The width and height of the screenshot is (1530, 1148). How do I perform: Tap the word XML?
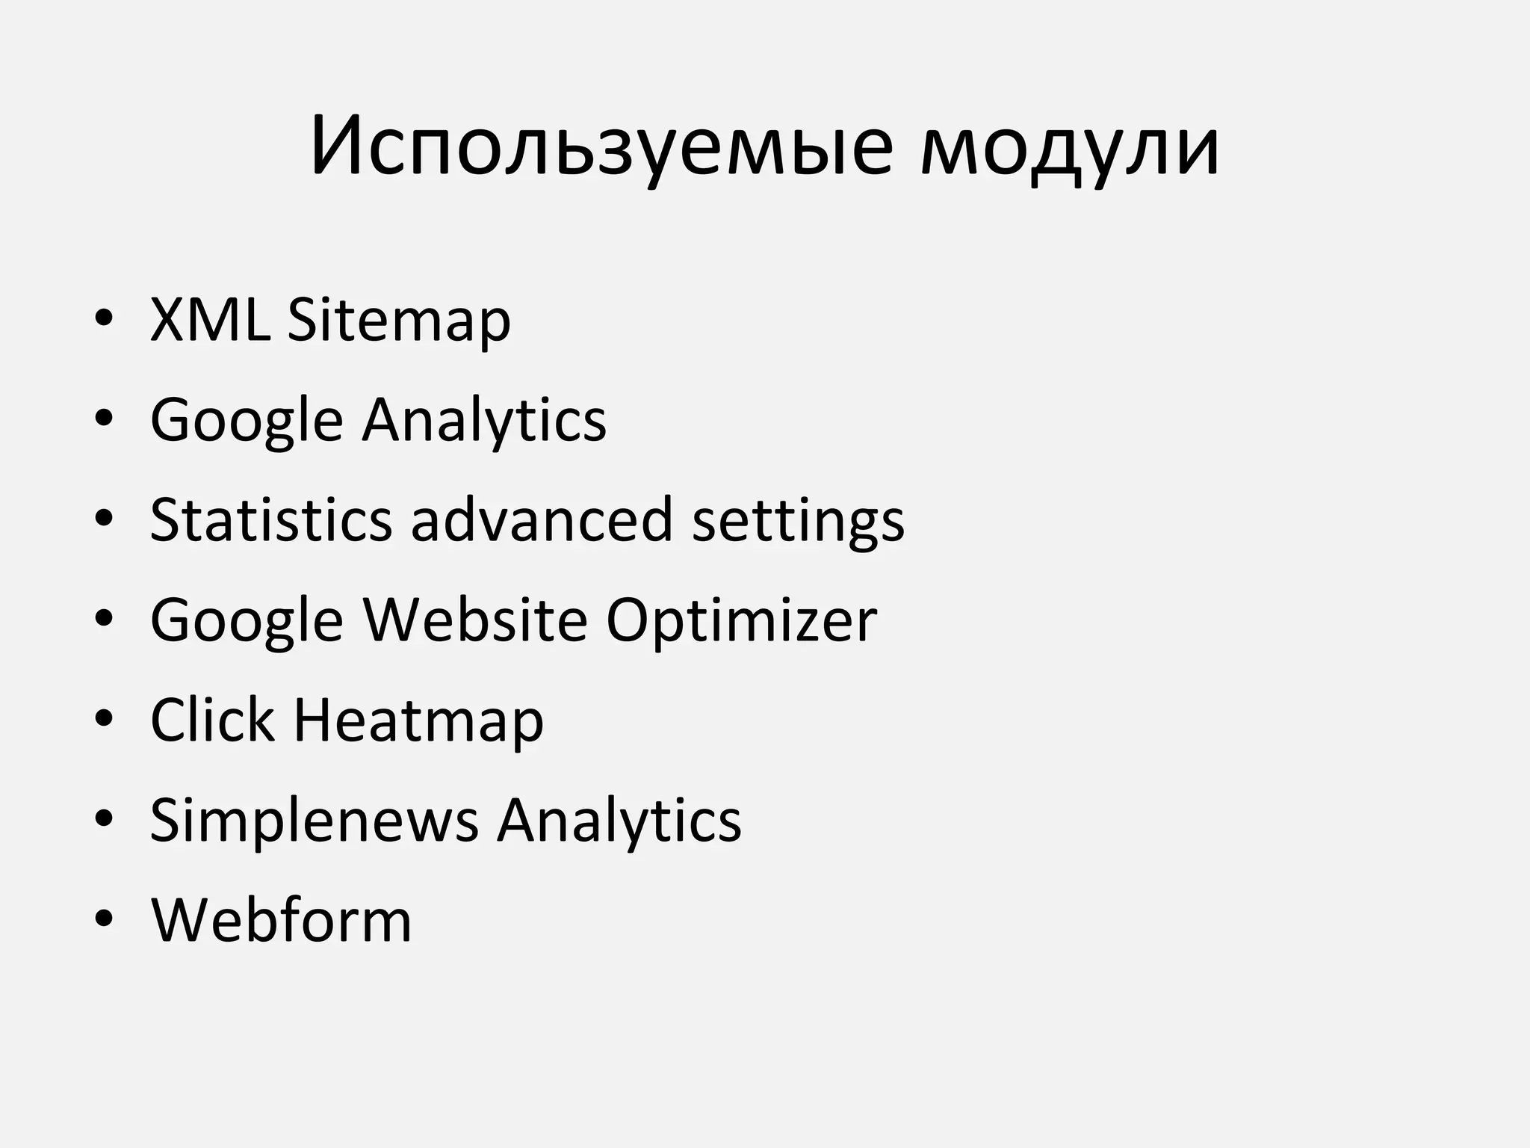[x=210, y=320]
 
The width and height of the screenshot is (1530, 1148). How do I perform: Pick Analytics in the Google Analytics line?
[x=484, y=421]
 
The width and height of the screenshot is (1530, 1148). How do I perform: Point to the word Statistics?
[x=271, y=519]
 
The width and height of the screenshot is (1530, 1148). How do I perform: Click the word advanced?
[x=542, y=519]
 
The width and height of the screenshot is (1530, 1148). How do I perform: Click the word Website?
[x=475, y=620]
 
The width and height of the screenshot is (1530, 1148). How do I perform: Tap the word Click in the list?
[x=212, y=720]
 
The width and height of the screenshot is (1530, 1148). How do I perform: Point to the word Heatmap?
[x=418, y=721]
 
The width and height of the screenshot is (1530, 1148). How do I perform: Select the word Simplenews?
[x=314, y=821]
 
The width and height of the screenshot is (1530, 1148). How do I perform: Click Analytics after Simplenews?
[x=619, y=821]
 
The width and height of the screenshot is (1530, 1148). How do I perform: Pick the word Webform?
[x=281, y=920]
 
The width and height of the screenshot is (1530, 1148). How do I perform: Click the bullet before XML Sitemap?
[x=104, y=319]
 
